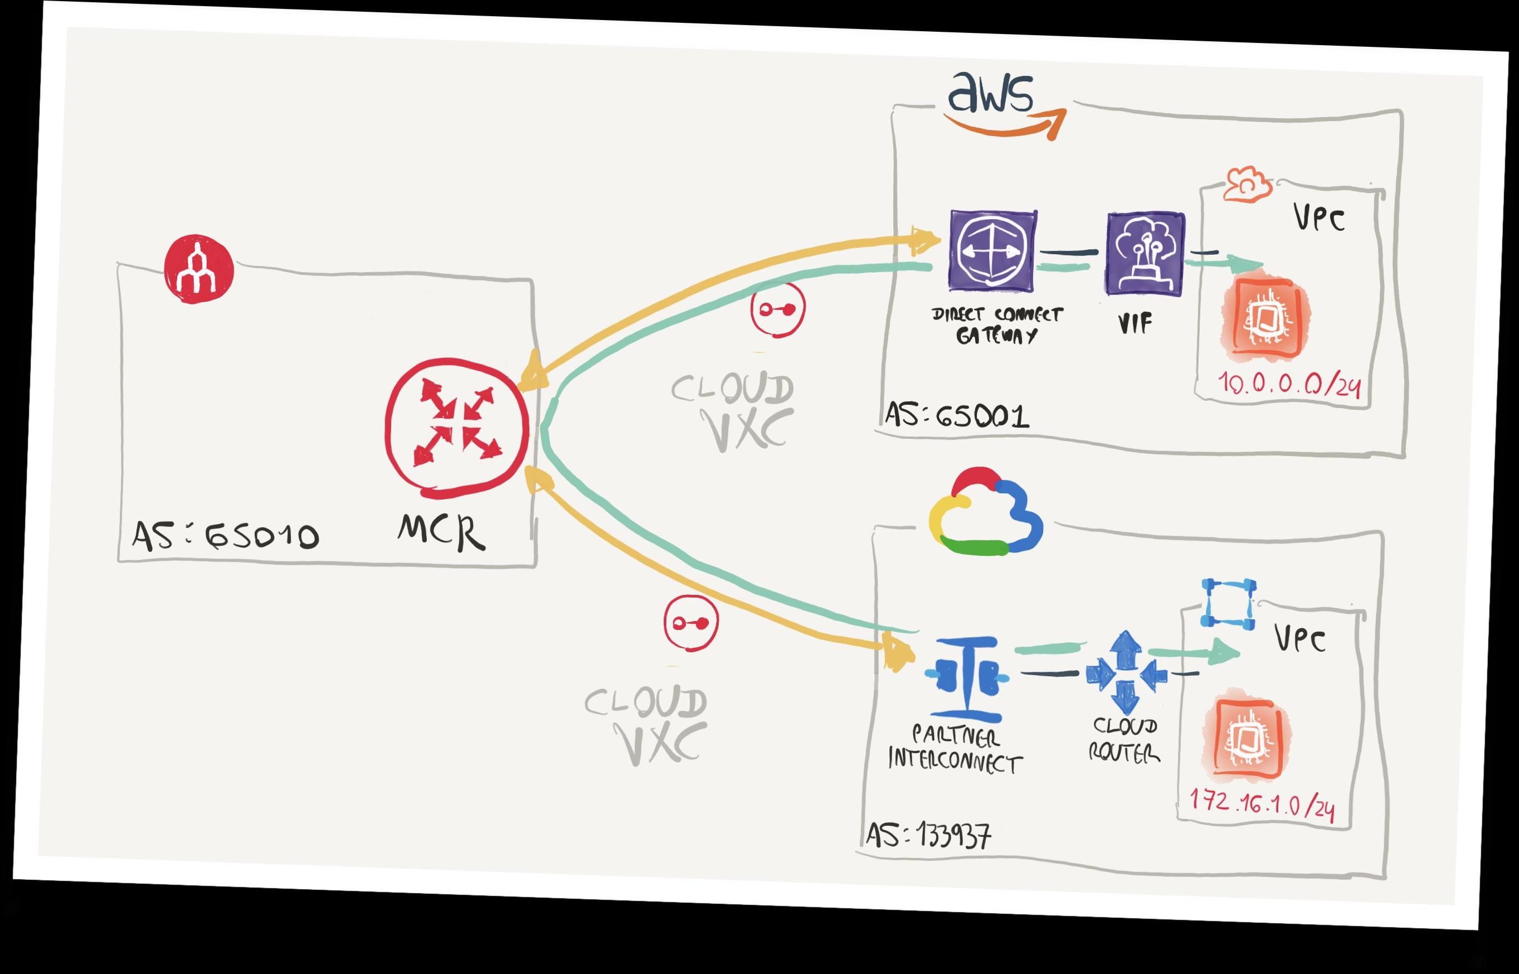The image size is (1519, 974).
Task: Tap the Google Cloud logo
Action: click(x=985, y=512)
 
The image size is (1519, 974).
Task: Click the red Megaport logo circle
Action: click(x=198, y=269)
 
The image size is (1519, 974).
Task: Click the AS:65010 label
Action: click(x=225, y=536)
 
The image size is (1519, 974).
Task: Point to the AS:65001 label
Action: click(x=956, y=415)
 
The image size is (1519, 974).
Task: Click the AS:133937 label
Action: click(x=928, y=835)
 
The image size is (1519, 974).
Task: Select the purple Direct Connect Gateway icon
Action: click(x=992, y=251)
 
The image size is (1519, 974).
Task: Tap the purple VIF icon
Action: click(x=1145, y=254)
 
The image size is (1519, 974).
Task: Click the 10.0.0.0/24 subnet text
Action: click(x=1289, y=384)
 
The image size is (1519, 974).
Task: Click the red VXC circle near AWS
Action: click(x=777, y=310)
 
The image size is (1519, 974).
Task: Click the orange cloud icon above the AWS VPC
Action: click(x=1247, y=185)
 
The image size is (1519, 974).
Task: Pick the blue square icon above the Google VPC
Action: click(x=1228, y=604)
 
